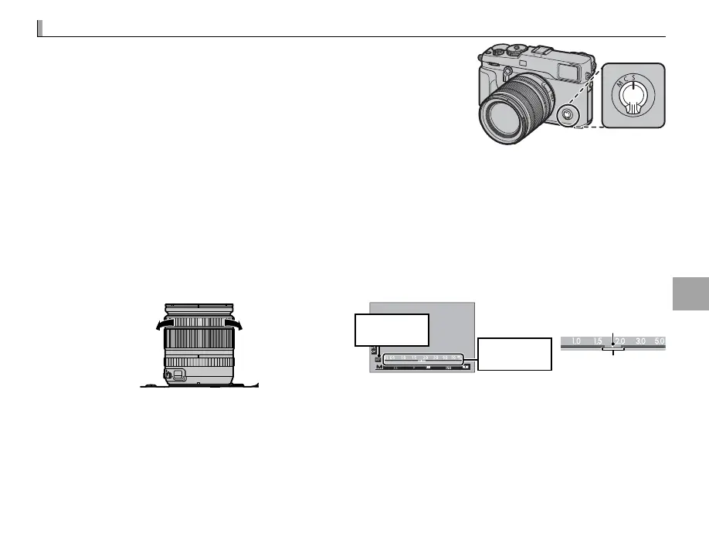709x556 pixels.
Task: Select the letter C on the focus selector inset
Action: tap(633, 77)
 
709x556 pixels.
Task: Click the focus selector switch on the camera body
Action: tap(567, 114)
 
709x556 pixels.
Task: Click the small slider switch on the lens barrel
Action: tap(175, 375)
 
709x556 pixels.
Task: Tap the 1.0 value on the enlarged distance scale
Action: tap(576, 341)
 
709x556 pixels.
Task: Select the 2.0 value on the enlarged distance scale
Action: tap(619, 341)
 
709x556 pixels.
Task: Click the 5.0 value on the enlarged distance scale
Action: tap(658, 341)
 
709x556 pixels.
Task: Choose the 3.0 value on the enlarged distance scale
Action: tap(639, 341)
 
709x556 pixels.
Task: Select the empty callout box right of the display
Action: tap(515, 354)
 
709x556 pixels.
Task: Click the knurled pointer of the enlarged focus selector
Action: tap(634, 106)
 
